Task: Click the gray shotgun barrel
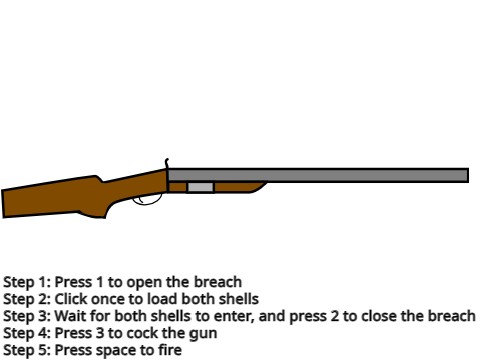click(x=320, y=175)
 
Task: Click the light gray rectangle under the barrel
click(x=200, y=187)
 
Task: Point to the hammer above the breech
click(x=166, y=163)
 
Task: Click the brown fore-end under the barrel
click(x=240, y=187)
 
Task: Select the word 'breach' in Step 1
click(x=219, y=283)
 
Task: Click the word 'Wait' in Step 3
click(x=69, y=316)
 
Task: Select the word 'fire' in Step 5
click(x=169, y=350)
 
